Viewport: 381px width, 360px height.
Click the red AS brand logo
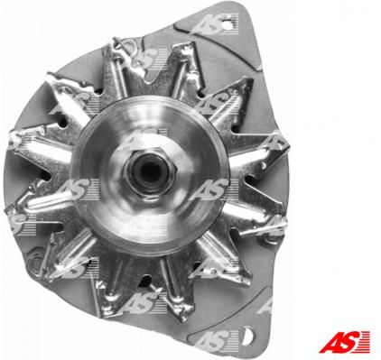(x=345, y=342)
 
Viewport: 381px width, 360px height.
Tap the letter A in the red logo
(x=330, y=342)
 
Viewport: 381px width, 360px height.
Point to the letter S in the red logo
(x=348, y=342)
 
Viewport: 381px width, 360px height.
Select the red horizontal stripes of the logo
(x=364, y=342)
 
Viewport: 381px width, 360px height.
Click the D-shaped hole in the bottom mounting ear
(x=247, y=336)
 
